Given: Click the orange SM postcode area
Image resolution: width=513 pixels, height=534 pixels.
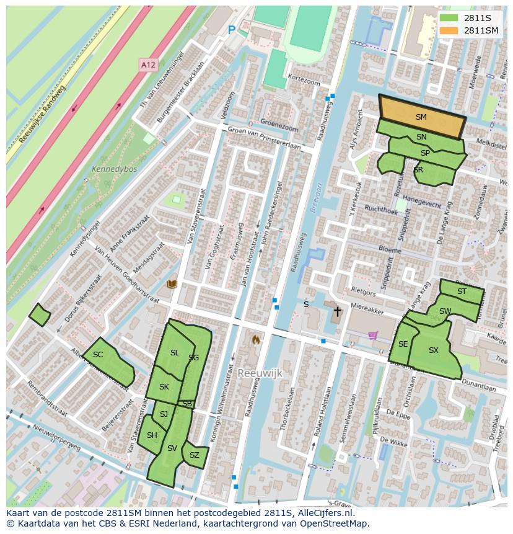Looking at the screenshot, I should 421,117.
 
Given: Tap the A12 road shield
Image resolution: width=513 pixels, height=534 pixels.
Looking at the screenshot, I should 147,65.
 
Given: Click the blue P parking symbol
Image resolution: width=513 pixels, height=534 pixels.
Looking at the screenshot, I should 232,30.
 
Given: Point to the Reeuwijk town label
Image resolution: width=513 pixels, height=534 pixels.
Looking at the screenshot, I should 260,373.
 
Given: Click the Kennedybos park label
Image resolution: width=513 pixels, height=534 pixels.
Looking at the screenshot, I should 114,169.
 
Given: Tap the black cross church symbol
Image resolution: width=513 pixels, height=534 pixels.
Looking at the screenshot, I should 338,311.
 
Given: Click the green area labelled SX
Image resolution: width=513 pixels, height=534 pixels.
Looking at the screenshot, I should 434,351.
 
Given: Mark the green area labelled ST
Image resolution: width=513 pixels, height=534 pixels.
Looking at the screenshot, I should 462,291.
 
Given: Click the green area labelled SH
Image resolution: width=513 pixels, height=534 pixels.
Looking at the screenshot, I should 152,435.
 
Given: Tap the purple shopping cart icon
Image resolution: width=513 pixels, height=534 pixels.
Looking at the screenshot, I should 373,336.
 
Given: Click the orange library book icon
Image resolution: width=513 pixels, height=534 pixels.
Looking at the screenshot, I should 172,284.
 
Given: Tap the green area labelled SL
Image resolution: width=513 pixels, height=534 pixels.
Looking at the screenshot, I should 175,353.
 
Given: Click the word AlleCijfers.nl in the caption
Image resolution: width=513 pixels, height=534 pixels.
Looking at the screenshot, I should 323,513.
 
